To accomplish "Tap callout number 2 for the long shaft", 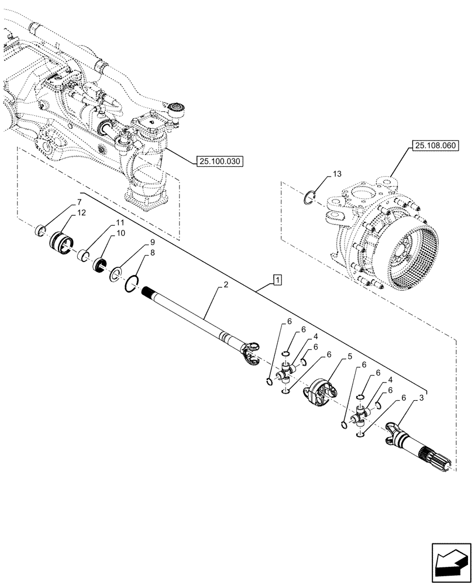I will click(225, 286).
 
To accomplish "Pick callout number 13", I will click(335, 174).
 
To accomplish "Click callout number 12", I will click(81, 213).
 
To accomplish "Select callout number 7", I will click(78, 202).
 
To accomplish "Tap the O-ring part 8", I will click(132, 284).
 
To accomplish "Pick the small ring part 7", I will click(42, 230).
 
